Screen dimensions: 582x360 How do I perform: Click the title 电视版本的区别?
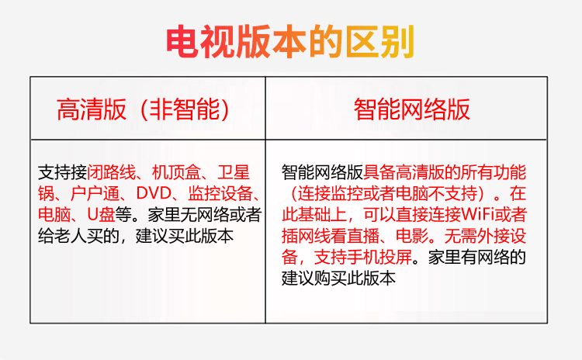pos(290,42)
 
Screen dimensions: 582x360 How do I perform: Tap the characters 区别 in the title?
pos(379,42)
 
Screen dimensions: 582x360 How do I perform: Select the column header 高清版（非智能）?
pos(144,109)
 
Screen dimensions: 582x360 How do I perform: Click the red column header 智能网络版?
pos(411,109)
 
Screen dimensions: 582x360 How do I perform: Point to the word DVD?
pos(154,193)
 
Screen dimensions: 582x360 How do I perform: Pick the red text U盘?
pos(101,214)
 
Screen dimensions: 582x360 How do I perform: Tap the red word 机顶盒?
pos(176,172)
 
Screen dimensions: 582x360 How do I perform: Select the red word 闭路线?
pos(111,172)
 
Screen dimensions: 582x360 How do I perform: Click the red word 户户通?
pos(95,193)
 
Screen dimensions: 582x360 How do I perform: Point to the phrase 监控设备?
pos(220,193)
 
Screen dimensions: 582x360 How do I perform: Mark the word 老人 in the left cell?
pos(71,236)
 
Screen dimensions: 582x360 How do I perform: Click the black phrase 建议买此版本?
pos(185,236)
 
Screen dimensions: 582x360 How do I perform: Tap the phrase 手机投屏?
pos(379,257)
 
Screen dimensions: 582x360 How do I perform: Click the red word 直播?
pos(363,236)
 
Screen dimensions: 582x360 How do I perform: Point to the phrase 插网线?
pos(306,236)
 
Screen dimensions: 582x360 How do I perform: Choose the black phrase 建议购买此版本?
pos(338,278)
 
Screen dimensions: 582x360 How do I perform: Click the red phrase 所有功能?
pos(494,172)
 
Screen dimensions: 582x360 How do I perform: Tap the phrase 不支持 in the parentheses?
pos(453,193)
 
